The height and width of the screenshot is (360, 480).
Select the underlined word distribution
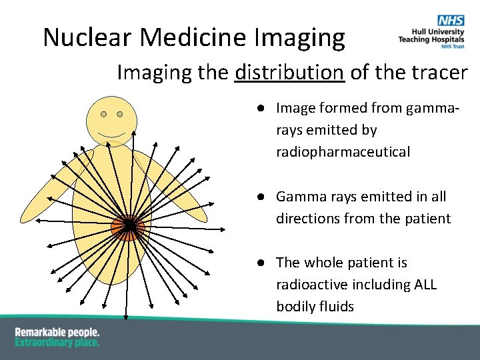[x=289, y=72]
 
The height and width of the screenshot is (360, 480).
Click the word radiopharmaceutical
[x=343, y=152]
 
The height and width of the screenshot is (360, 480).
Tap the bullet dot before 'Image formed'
[x=265, y=108]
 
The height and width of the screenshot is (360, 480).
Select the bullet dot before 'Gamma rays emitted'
[x=265, y=197]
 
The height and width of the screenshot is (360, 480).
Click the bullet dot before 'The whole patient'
[x=265, y=263]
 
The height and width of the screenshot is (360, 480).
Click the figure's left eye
[x=104, y=114]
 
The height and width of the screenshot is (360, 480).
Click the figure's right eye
[x=120, y=114]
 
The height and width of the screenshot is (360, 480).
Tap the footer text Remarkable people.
[x=57, y=332]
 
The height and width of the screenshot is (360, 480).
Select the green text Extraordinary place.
[x=57, y=343]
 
